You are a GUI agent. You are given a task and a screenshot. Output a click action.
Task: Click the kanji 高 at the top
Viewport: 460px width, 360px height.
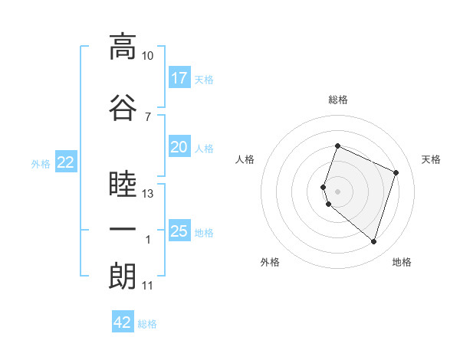[123, 47]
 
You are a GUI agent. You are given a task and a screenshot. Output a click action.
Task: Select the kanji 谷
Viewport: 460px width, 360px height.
[123, 107]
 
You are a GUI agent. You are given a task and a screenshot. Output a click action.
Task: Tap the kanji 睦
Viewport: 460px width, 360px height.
[123, 184]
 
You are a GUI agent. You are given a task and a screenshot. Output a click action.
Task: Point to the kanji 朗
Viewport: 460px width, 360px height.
[123, 277]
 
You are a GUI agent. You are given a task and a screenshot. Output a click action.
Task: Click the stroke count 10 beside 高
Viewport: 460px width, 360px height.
[147, 56]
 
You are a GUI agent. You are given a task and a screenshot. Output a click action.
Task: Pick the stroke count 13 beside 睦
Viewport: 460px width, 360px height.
[147, 194]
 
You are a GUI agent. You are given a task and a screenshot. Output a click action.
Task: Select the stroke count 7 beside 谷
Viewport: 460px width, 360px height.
[148, 117]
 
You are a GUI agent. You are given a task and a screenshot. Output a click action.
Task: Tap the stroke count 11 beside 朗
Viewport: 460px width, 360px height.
[147, 286]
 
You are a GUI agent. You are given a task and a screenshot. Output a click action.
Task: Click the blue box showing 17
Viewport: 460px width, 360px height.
[179, 77]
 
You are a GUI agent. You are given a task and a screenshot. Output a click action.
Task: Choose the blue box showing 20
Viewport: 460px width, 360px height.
[179, 146]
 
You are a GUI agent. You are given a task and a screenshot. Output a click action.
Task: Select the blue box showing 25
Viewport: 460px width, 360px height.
[179, 230]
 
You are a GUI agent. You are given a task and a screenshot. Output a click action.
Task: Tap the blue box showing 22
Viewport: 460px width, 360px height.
[66, 162]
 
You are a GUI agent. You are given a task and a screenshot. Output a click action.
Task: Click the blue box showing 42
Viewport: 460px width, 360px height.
[123, 321]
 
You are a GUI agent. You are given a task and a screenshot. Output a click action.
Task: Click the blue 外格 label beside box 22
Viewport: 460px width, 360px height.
[41, 164]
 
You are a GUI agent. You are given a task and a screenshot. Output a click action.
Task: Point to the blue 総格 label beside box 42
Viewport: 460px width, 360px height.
[147, 324]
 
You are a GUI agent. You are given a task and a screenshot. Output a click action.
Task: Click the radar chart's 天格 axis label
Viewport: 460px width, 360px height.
[431, 159]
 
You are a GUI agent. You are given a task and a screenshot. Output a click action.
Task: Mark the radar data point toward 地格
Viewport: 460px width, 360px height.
[373, 242]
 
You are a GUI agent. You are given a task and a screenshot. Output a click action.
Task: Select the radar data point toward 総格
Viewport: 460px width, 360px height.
[337, 146]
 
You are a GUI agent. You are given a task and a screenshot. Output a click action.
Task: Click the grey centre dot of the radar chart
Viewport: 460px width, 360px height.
[337, 191]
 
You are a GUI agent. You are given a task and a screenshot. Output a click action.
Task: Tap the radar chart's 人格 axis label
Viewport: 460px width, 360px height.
[245, 159]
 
